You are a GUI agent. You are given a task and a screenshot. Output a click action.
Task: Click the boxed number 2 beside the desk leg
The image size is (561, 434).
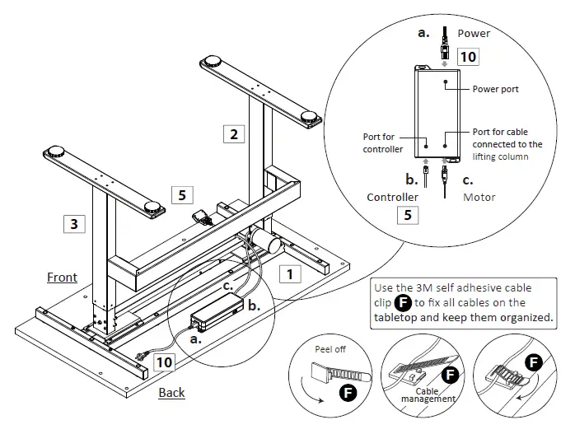coord(235,133)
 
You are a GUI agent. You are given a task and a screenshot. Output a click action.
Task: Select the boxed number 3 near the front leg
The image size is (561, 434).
coord(74,223)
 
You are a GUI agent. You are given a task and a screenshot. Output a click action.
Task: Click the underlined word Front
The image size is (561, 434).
coord(62,278)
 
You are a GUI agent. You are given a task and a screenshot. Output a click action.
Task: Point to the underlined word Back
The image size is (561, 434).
coord(171,392)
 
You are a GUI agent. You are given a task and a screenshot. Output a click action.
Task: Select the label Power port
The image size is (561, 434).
coord(495,89)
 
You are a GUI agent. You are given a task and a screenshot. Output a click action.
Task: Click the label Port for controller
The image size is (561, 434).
coord(383,142)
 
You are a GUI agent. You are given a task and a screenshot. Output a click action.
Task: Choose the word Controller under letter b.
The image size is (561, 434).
coord(392,198)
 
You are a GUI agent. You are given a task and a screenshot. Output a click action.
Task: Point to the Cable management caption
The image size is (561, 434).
coord(428,394)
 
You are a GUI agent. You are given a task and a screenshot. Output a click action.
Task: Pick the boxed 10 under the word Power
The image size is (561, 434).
coord(467,57)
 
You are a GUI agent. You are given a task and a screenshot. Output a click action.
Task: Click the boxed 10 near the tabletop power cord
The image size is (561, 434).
coord(164,361)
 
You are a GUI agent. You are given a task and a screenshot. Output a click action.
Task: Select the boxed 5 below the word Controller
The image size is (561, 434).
coord(406,217)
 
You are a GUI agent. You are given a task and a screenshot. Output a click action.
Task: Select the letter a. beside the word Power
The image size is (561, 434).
coord(424,34)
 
